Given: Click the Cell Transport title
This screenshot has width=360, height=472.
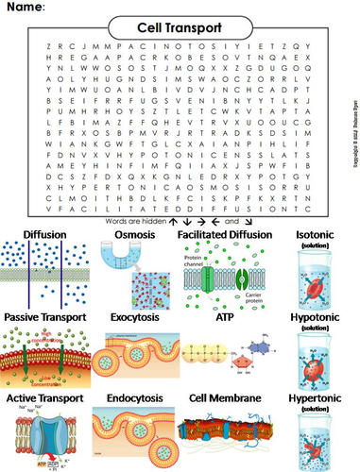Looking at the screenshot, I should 180,27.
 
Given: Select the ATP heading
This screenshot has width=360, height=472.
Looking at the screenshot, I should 224,317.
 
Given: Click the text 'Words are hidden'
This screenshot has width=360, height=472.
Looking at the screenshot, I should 141,219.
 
